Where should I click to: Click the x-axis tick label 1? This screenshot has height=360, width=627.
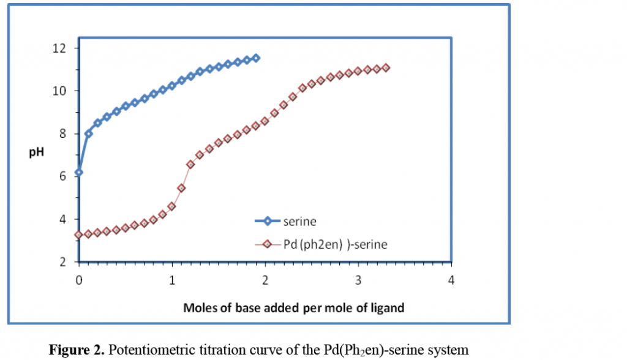pyautogui.click(x=172, y=280)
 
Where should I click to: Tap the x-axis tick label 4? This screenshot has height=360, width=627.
pyautogui.click(x=452, y=280)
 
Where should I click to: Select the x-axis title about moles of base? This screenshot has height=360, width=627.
pyautogui.click(x=294, y=308)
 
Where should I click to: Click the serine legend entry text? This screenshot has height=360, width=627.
pyautogui.click(x=299, y=221)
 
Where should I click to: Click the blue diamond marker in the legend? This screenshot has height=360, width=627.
pyautogui.click(x=267, y=221)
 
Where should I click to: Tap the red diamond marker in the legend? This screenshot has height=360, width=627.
pyautogui.click(x=267, y=244)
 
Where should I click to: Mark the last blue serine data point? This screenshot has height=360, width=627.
pyautogui.click(x=256, y=58)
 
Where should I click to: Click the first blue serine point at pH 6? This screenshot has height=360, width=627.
pyautogui.click(x=79, y=173)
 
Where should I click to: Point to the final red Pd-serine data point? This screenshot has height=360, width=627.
pyautogui.click(x=386, y=68)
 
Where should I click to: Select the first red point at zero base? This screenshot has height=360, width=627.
pyautogui.click(x=79, y=234)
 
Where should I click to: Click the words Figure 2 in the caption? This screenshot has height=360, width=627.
pyautogui.click(x=74, y=351)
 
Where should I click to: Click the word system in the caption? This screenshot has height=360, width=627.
pyautogui.click(x=451, y=351)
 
